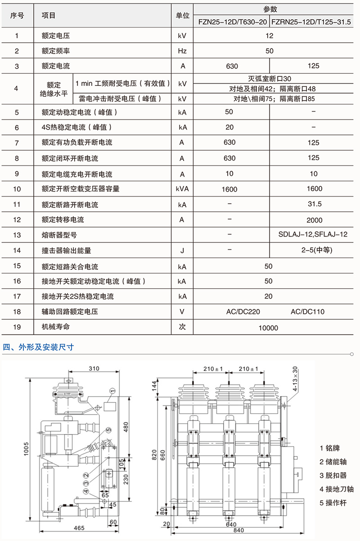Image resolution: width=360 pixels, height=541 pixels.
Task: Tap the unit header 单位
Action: pos(182,15)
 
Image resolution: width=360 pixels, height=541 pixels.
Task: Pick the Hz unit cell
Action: pos(182,51)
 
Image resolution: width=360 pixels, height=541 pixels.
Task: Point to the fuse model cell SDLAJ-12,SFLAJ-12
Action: pos(313,234)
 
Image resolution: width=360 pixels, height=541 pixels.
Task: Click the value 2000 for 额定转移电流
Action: pos(314,220)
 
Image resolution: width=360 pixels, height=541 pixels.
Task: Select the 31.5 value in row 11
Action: pos(314,204)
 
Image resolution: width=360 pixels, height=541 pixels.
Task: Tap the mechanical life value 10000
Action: pos(268,328)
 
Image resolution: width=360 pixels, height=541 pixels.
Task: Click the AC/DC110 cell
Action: pos(307,311)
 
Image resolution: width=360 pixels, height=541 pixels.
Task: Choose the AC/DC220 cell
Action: pos(243,311)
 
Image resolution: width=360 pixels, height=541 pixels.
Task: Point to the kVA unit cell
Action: pos(182,189)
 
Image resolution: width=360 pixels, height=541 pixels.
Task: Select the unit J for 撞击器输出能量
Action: pos(182,250)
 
